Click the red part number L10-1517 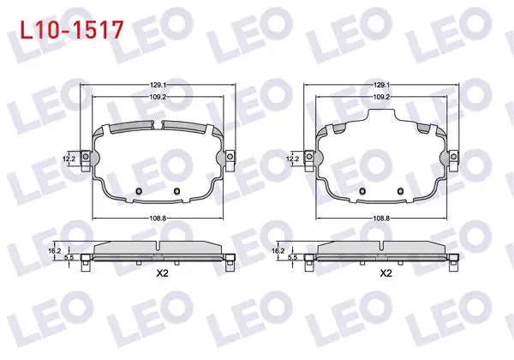[72, 29]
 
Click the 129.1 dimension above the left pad [158, 85]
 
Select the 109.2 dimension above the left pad [158, 97]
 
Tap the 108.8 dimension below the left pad [158, 218]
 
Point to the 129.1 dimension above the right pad [381, 85]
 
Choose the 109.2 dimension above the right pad [381, 97]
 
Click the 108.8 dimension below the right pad [381, 218]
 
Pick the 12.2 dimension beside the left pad [69, 159]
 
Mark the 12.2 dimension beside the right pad [292, 159]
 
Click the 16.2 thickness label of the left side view [55, 251]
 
